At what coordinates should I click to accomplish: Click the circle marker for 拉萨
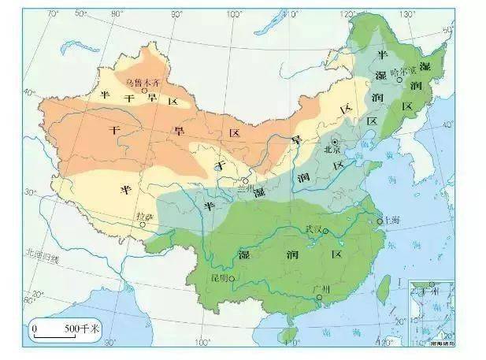point(143,225)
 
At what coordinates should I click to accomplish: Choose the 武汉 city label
point(314,228)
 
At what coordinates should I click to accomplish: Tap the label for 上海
point(389,221)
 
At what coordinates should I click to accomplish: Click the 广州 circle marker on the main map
point(318,300)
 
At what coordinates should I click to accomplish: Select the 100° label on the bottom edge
point(203,343)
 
